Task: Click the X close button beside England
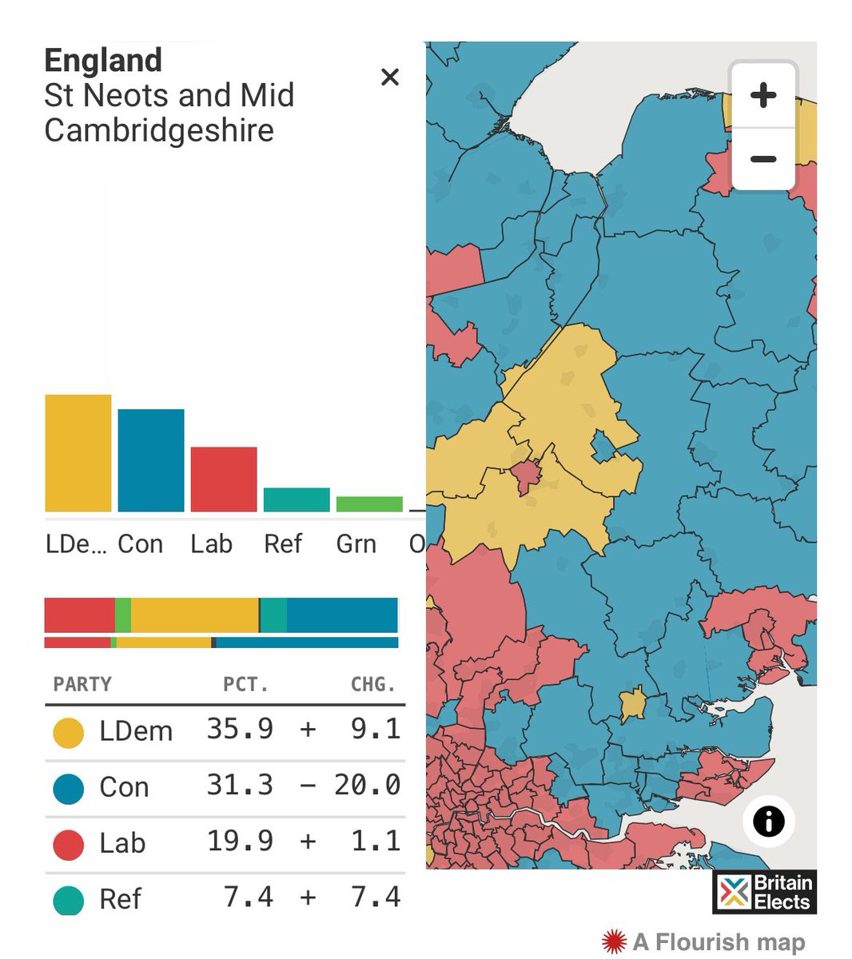(390, 78)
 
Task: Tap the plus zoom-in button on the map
(763, 96)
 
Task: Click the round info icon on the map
(768, 821)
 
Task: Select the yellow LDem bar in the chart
(78, 453)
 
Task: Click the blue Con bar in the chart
(150, 460)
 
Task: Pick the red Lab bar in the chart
(223, 479)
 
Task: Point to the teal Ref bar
(297, 499)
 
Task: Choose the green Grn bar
(369, 504)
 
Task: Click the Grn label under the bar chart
(356, 544)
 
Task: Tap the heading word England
(103, 61)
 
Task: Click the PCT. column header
(245, 685)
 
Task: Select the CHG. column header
(373, 685)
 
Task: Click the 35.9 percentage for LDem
(240, 730)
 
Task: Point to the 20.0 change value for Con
(367, 786)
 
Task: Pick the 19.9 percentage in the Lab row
(240, 842)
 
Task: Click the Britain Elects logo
(764, 892)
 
